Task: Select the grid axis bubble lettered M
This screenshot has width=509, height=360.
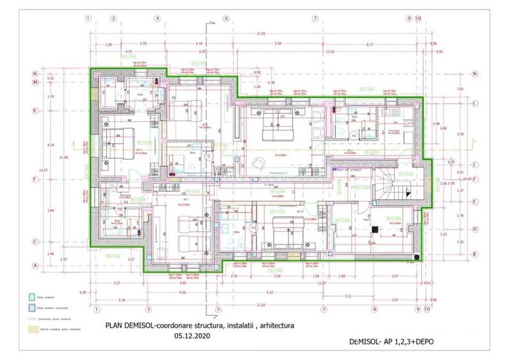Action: coord(36,82)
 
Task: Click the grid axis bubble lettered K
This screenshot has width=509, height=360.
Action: coord(36,110)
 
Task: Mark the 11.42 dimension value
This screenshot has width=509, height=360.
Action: coord(330,51)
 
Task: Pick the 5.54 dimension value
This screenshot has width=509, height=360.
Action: coord(278,43)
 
